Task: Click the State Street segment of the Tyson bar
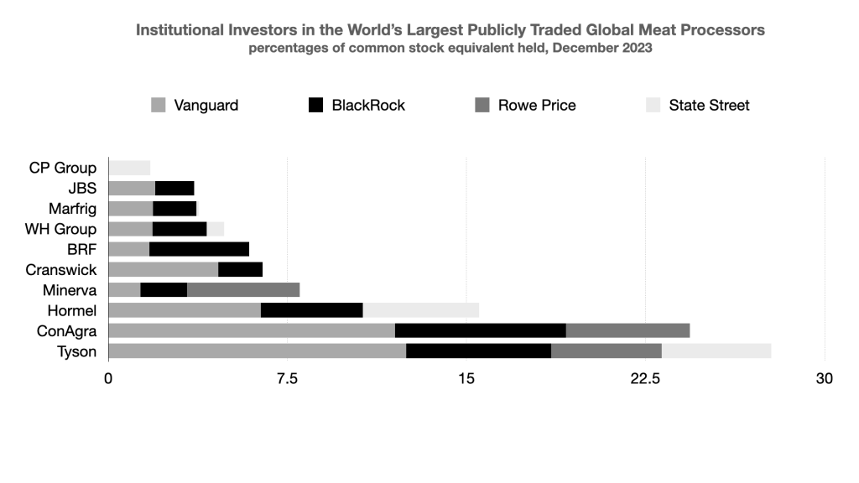716,351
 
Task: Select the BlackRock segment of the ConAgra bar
480,330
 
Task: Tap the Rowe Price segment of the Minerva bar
243,290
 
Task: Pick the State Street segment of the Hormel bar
420,310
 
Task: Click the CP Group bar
129,168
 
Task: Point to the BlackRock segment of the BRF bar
199,249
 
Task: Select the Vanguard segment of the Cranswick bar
164,269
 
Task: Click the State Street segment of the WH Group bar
216,229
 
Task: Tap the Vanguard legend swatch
158,106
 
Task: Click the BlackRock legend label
368,106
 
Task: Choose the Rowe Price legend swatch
482,106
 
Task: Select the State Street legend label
709,106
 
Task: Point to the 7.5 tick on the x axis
288,379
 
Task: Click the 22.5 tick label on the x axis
646,379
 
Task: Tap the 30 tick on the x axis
825,379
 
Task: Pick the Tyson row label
77,351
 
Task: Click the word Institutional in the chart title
182,30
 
